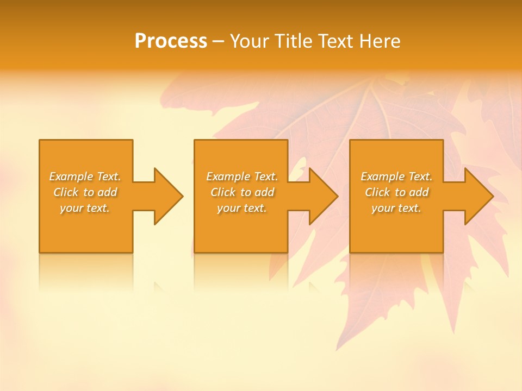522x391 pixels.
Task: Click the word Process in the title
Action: [171, 41]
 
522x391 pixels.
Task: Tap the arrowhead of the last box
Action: [478, 196]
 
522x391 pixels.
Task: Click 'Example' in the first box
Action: [71, 176]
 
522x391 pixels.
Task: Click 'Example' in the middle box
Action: [228, 176]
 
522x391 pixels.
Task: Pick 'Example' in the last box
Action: [383, 176]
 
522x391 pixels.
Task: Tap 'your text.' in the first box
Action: [85, 209]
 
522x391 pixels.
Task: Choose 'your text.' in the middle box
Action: [241, 209]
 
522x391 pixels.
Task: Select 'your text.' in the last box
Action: [396, 209]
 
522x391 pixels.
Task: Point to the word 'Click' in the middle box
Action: [223, 192]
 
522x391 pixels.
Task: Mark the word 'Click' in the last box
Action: [377, 192]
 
